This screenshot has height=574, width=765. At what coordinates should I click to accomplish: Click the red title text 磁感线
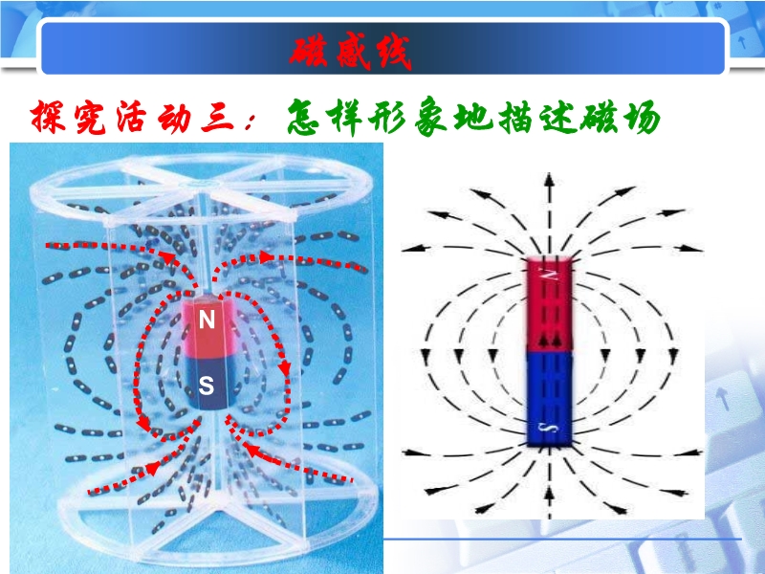pyautogui.click(x=350, y=52)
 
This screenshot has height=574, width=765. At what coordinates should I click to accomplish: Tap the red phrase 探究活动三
pyautogui.click(x=132, y=118)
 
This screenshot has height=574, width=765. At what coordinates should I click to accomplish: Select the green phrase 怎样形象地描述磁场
pyautogui.click(x=472, y=117)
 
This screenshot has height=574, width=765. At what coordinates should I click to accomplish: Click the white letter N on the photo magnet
pyautogui.click(x=207, y=320)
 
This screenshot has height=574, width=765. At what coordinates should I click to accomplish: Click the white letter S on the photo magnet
pyautogui.click(x=207, y=386)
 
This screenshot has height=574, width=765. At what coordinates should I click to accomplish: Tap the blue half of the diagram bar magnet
pyautogui.click(x=549, y=398)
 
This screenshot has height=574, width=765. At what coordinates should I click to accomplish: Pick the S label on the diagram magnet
pyautogui.click(x=550, y=429)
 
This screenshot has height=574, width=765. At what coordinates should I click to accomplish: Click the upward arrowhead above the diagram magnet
pyautogui.click(x=549, y=179)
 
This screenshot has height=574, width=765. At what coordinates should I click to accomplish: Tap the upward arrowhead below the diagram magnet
pyautogui.click(x=549, y=492)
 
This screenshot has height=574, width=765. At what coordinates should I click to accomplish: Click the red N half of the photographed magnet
pyautogui.click(x=208, y=325)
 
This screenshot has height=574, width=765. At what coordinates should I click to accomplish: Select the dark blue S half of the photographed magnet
pyautogui.click(x=210, y=384)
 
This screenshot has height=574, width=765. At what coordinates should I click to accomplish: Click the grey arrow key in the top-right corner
pyautogui.click(x=742, y=42)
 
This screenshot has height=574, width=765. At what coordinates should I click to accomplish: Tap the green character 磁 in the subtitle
pyautogui.click(x=600, y=117)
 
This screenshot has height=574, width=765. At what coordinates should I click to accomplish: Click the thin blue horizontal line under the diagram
pyautogui.click(x=562, y=540)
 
